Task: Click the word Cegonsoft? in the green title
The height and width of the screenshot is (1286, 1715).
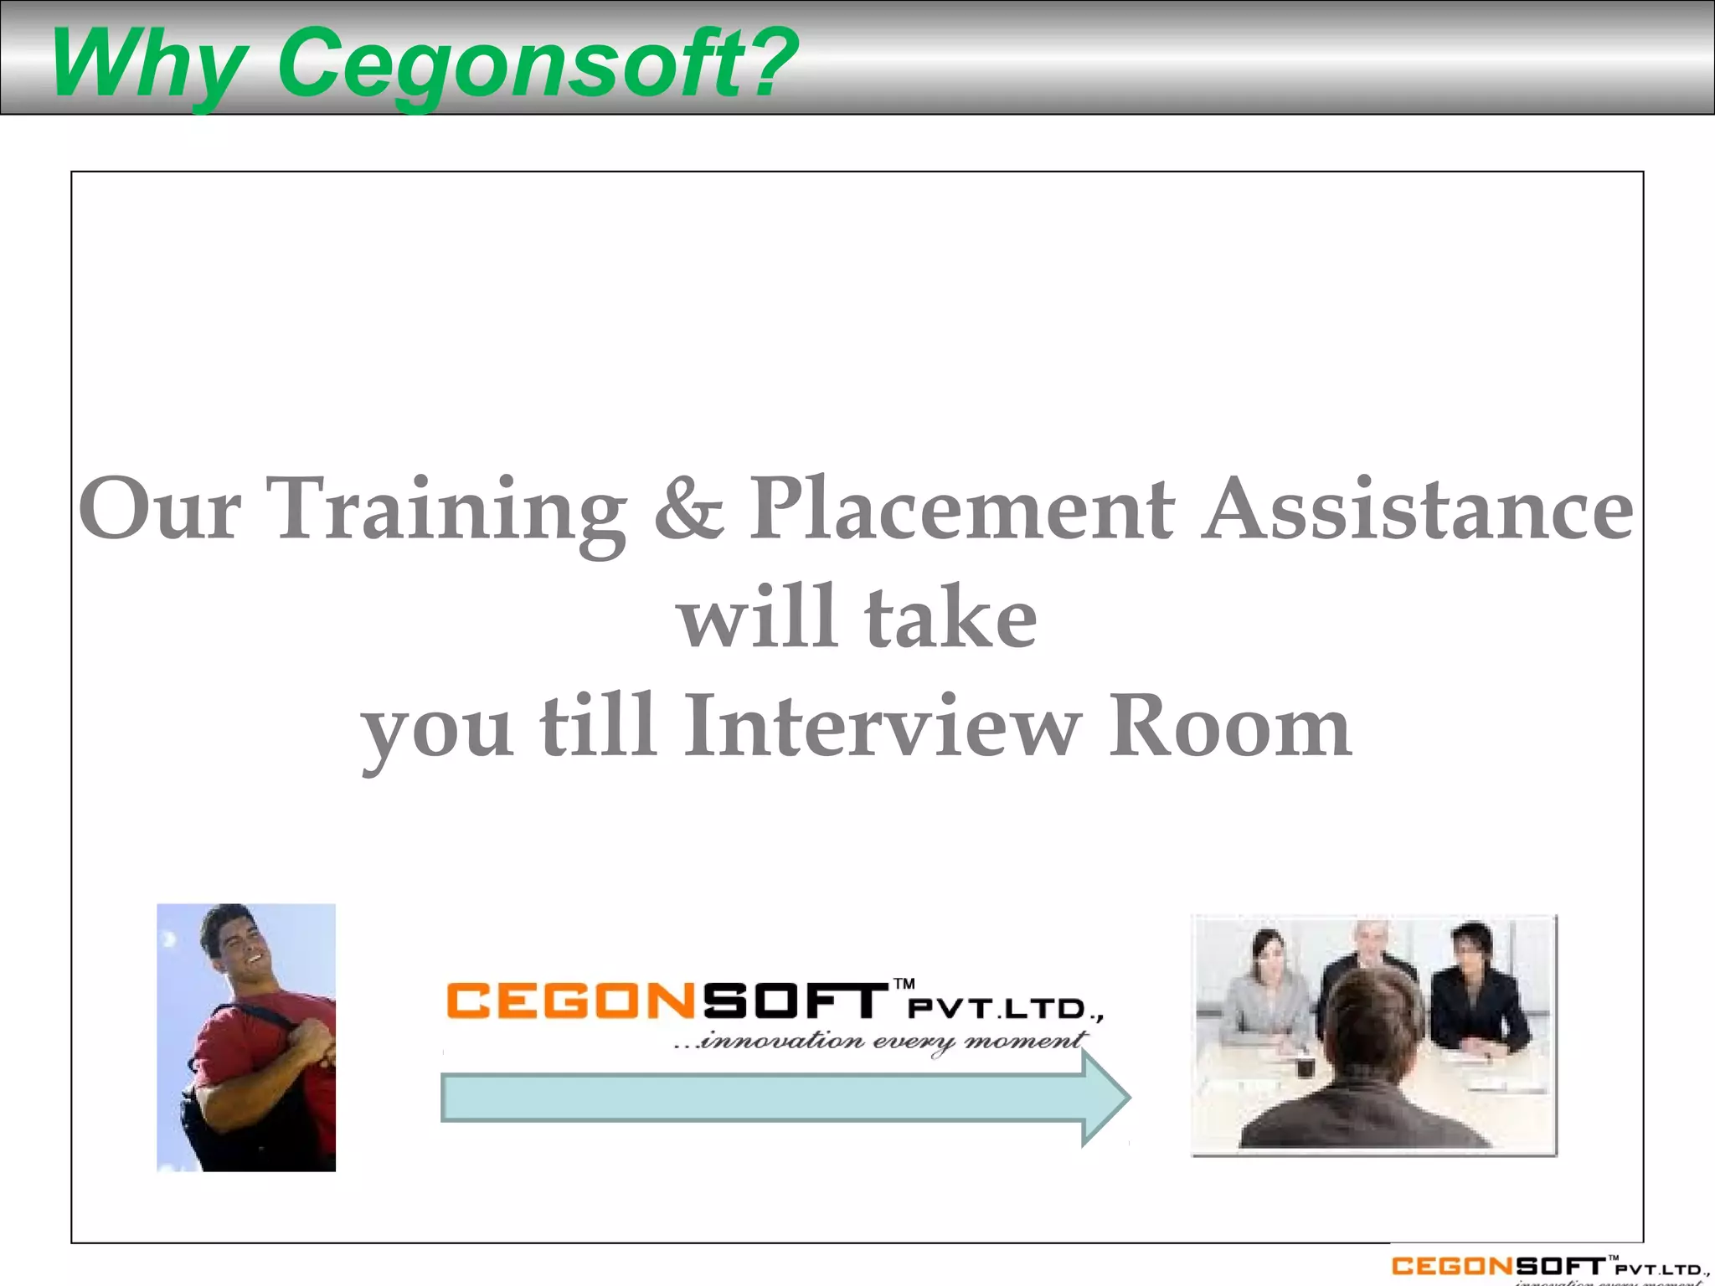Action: point(537,64)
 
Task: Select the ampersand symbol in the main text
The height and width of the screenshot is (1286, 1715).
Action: point(688,510)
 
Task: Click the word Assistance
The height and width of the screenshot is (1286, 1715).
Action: point(1418,510)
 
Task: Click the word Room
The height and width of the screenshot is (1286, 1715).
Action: point(1229,727)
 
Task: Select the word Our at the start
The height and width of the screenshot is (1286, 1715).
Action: point(160,510)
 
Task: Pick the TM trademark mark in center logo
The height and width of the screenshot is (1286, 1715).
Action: point(904,984)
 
